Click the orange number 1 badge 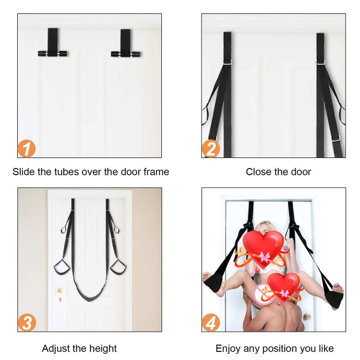tap(26, 148)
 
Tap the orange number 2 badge tap(211, 148)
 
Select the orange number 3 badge tap(27, 323)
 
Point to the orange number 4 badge tap(211, 323)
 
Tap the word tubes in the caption tap(67, 172)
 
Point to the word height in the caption tap(103, 348)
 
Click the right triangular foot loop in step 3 tap(118, 267)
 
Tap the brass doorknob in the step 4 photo tap(307, 317)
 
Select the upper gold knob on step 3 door tap(60, 290)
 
